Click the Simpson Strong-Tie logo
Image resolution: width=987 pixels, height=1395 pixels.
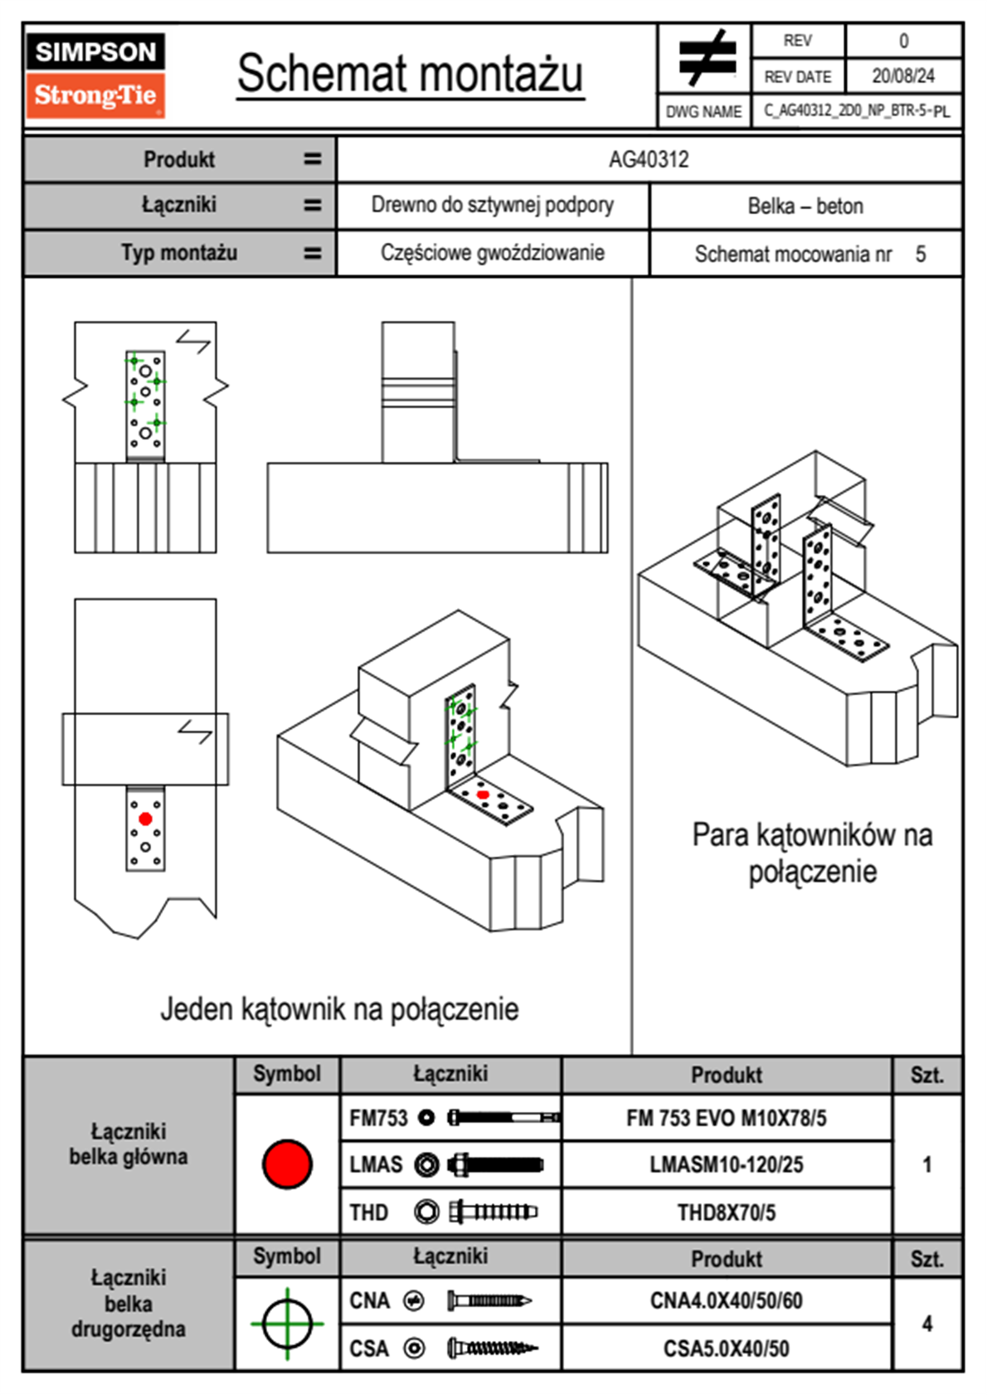coord(95,75)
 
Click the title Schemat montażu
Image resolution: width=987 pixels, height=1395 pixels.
coord(411,74)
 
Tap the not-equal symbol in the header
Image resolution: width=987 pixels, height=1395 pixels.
coord(706,58)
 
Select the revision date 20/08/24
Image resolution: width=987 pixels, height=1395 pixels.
coord(902,76)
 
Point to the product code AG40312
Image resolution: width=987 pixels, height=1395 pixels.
coord(649,159)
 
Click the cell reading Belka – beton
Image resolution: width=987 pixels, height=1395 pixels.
coord(805,206)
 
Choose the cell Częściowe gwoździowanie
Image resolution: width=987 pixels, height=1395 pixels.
coord(492,253)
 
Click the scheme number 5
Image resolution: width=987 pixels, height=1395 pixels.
coord(921,254)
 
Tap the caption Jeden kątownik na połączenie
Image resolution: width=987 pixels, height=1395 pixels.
coord(339,1009)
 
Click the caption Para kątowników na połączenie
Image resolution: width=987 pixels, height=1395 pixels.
coord(812,853)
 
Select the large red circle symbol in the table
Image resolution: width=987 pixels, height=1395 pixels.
coord(287,1164)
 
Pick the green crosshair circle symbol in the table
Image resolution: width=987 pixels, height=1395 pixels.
coord(287,1324)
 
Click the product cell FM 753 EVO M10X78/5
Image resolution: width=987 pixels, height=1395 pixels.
coord(726,1118)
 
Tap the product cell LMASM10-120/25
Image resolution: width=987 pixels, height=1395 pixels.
coord(726,1164)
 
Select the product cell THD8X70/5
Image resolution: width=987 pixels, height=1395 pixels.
coord(726,1213)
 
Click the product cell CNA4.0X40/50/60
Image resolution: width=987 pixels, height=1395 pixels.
coord(726,1300)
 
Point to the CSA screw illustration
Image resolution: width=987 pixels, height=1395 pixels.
coord(492,1348)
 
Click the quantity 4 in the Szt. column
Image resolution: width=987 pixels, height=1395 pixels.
coord(927,1324)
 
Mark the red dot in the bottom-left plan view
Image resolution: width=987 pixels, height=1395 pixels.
coord(145,819)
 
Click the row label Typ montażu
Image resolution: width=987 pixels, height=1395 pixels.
coord(179,253)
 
